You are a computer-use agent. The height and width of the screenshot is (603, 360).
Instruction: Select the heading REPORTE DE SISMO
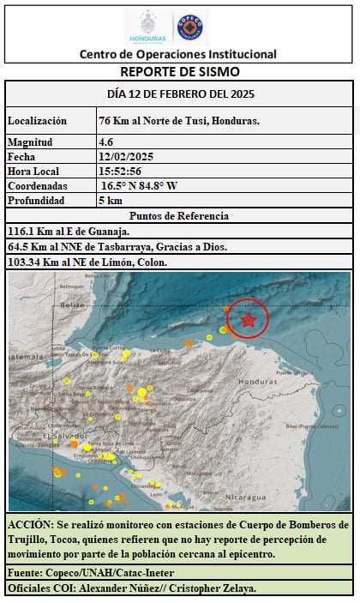180,72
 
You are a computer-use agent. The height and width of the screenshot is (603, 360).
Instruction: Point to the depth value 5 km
111,200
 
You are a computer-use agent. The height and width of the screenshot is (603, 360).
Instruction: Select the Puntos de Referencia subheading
179,215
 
